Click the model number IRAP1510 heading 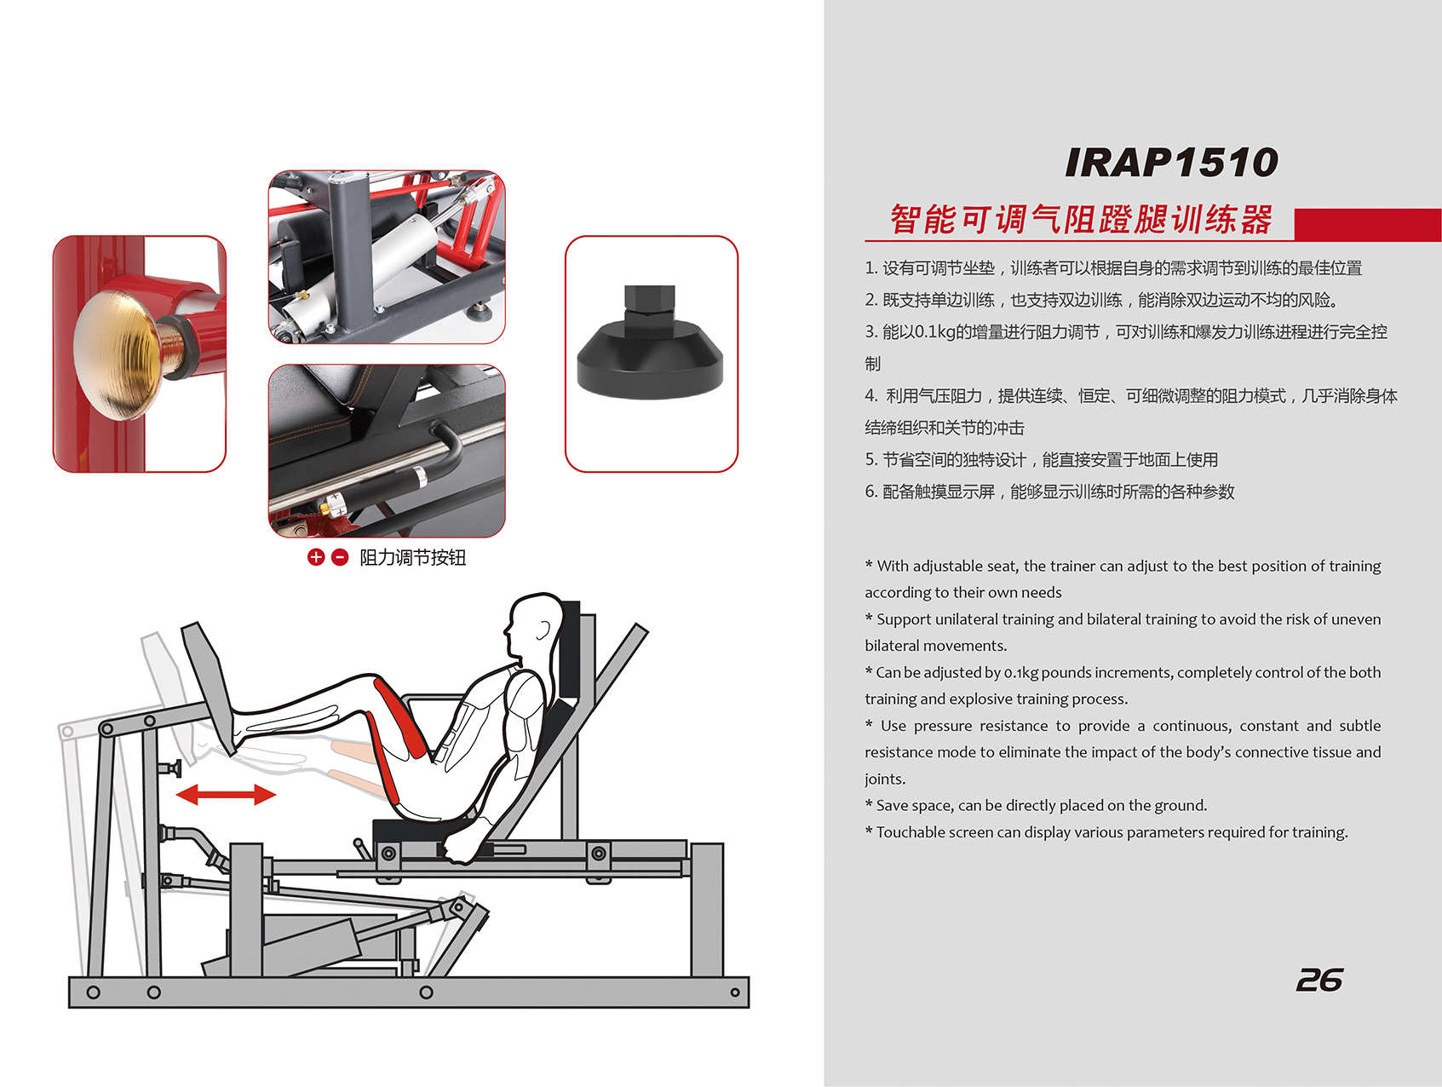(1171, 162)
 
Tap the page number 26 (1318, 981)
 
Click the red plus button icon (316, 557)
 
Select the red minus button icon (340, 557)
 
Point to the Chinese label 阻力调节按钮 (413, 558)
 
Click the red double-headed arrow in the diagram (226, 795)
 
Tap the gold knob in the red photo (119, 354)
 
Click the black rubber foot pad (650, 344)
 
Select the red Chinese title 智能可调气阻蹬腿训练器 (1082, 220)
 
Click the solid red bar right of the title (1368, 225)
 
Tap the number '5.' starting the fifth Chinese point (871, 460)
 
